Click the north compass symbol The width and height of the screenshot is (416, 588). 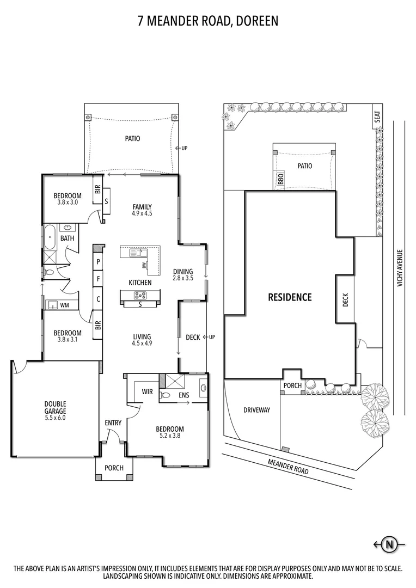click(x=389, y=544)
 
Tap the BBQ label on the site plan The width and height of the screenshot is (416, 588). click(x=280, y=180)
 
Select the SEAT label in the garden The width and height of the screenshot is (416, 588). click(x=376, y=117)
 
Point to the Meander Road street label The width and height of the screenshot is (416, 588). click(x=288, y=467)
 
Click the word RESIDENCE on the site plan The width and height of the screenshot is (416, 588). click(x=290, y=297)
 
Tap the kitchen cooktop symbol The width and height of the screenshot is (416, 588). click(x=140, y=296)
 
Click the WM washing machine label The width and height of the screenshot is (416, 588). click(x=64, y=305)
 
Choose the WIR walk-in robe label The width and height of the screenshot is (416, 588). click(x=147, y=391)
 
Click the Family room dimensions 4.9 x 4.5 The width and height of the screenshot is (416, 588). click(x=142, y=213)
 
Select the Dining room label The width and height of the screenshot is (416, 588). click(x=182, y=272)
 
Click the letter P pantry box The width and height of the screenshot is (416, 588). click(x=98, y=262)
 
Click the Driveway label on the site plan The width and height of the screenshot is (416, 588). click(x=256, y=410)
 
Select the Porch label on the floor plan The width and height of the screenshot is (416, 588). click(x=114, y=468)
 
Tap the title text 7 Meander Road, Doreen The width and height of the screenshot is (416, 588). click(x=207, y=21)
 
